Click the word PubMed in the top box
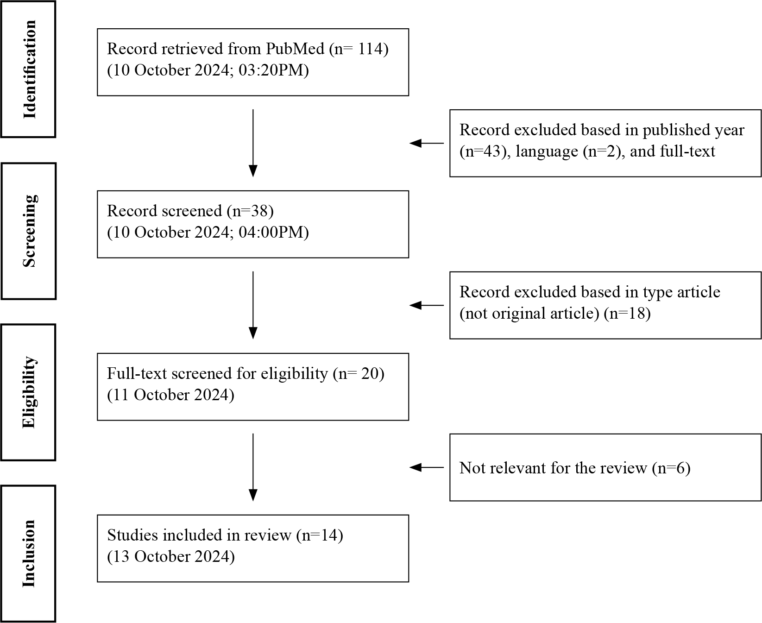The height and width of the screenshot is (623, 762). (295, 49)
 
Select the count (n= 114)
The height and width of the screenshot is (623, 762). (359, 49)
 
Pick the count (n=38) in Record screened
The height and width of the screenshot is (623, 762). (250, 211)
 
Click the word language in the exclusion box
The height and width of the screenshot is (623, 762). (547, 152)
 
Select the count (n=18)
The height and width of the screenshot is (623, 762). (627, 314)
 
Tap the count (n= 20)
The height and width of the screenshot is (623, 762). (359, 374)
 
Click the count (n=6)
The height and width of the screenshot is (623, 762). (671, 468)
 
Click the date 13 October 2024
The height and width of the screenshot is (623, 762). (171, 557)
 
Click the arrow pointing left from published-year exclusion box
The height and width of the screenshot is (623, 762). (427, 144)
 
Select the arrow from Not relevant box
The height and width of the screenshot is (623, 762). (427, 468)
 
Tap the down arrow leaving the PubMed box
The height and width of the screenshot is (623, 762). (253, 143)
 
